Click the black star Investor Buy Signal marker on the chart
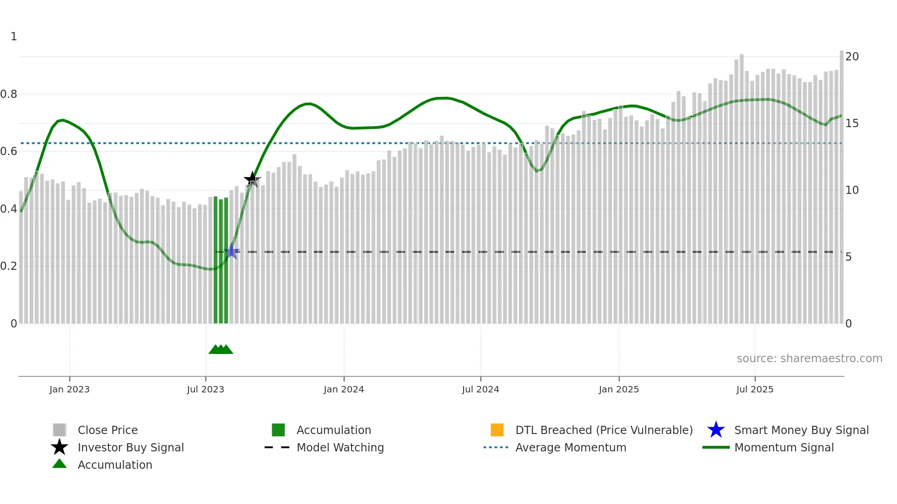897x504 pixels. pos(252,179)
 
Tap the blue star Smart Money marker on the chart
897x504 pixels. pos(232,251)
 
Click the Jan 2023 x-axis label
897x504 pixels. pos(70,389)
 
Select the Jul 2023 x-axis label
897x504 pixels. pos(205,389)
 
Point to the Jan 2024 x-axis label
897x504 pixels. pos(344,389)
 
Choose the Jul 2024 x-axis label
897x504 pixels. pos(481,389)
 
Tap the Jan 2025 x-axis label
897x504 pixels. pos(619,389)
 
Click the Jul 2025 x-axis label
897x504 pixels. pos(755,389)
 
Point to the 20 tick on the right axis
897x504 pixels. pos(852,57)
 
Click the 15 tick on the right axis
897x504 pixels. pos(852,123)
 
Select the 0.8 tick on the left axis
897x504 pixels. pos(9,94)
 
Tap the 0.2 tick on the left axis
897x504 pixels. pos(9,266)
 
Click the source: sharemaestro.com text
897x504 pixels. pos(809,359)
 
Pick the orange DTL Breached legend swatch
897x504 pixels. pos(497,430)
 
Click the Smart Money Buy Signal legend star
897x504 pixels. pos(716,430)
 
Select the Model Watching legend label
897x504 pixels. pos(340,447)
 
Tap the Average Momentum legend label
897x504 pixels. pos(571,447)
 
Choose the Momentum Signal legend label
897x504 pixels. pos(784,447)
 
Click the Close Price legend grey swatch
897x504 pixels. pos(59,430)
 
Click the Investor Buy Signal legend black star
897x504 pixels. pos(59,447)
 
